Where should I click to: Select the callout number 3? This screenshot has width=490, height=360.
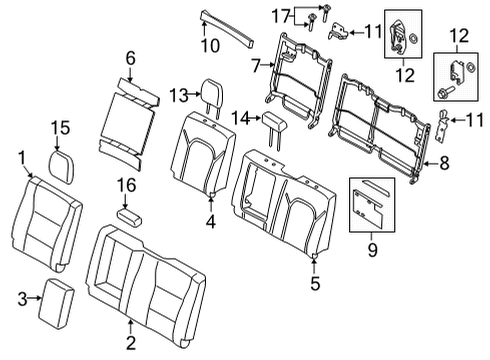tap(22, 298)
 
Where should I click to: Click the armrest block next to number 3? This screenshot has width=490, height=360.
tap(56, 300)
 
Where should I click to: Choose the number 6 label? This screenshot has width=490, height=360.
tap(129, 61)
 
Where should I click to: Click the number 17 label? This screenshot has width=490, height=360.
tap(281, 17)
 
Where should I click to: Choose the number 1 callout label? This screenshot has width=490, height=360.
tap(21, 157)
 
